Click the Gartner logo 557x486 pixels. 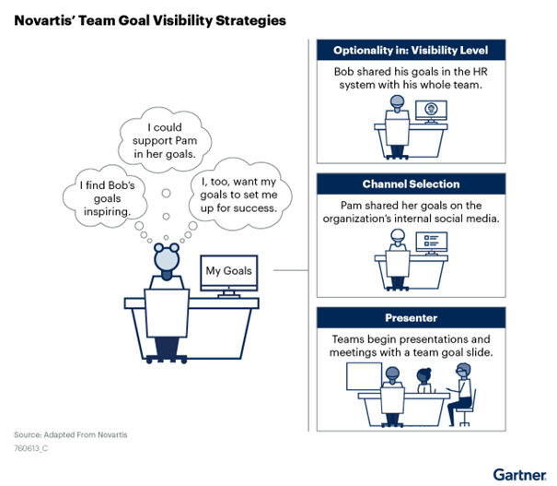pos(519,475)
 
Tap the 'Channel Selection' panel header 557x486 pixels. pos(411,184)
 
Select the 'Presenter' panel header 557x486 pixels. pos(411,318)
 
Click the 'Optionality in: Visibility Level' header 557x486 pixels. pos(411,50)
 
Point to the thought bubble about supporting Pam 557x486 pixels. pos(165,140)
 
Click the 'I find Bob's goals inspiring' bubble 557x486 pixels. pos(106,197)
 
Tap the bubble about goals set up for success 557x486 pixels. pos(239,195)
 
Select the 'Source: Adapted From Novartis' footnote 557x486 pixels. pos(71,434)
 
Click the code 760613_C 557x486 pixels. pos(31,448)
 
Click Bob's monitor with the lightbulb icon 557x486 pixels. pos(431,111)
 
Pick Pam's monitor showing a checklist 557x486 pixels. pos(432,243)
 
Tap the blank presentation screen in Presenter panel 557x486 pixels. pos(364,376)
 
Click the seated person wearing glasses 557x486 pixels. pos(460,394)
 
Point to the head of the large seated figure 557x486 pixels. pos(167,257)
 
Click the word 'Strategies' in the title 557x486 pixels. pos(250,20)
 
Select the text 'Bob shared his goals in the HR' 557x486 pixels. pos(411,72)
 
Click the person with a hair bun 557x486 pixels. pos(424,380)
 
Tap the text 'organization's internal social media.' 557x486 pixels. pos(411,219)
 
